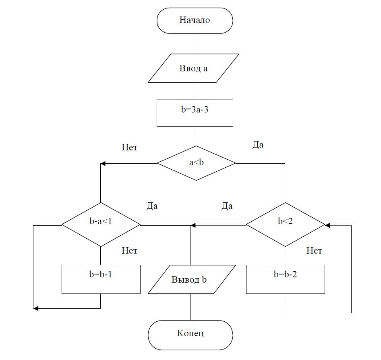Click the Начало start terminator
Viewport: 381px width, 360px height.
[x=195, y=21]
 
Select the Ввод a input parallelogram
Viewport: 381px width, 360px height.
[x=193, y=69]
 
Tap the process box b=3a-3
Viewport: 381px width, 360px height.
[x=195, y=113]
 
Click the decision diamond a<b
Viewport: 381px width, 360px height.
[x=196, y=163]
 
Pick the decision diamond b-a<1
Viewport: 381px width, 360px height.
[x=101, y=225]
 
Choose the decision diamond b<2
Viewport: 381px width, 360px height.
[x=285, y=225]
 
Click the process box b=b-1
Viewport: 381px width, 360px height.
[x=101, y=279]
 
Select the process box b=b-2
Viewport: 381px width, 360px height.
[x=285, y=279]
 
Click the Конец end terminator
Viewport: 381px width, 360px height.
[x=190, y=333]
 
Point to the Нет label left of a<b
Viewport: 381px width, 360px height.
[x=129, y=148]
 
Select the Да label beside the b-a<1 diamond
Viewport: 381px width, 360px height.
[x=152, y=206]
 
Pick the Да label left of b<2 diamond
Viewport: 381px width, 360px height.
[x=227, y=206]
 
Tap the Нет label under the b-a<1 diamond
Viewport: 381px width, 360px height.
[x=129, y=251]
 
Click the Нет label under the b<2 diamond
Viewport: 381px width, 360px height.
[x=314, y=251]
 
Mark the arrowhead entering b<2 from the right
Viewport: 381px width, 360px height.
[x=327, y=225]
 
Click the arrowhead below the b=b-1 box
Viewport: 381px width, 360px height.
[x=36, y=308]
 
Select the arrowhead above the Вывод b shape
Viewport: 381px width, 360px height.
[x=194, y=225]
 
